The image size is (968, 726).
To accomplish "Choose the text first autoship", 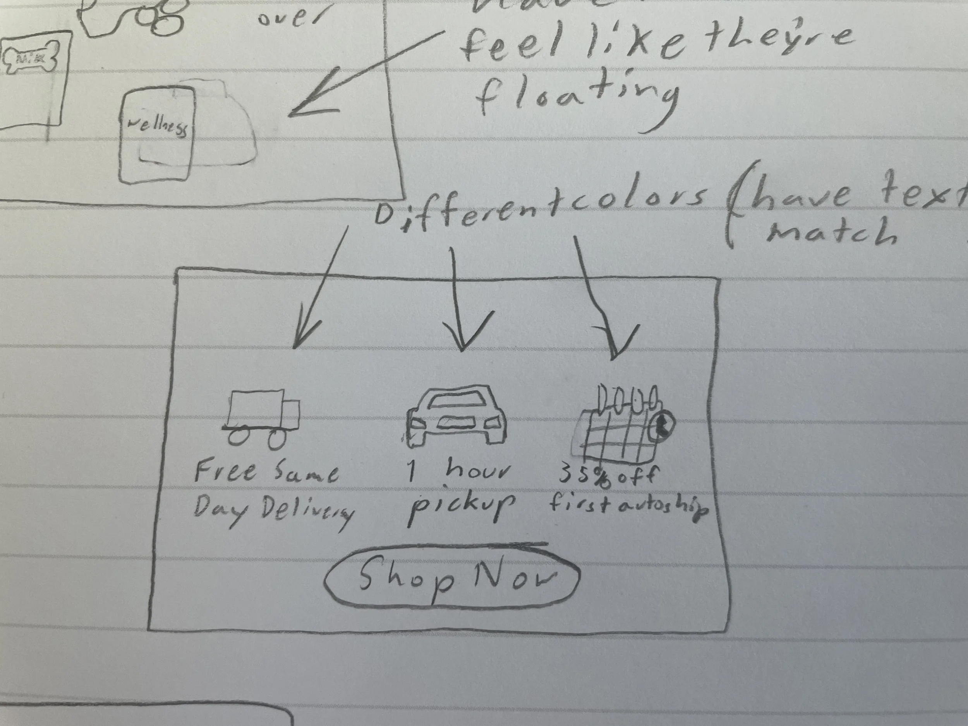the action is pos(628,508).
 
